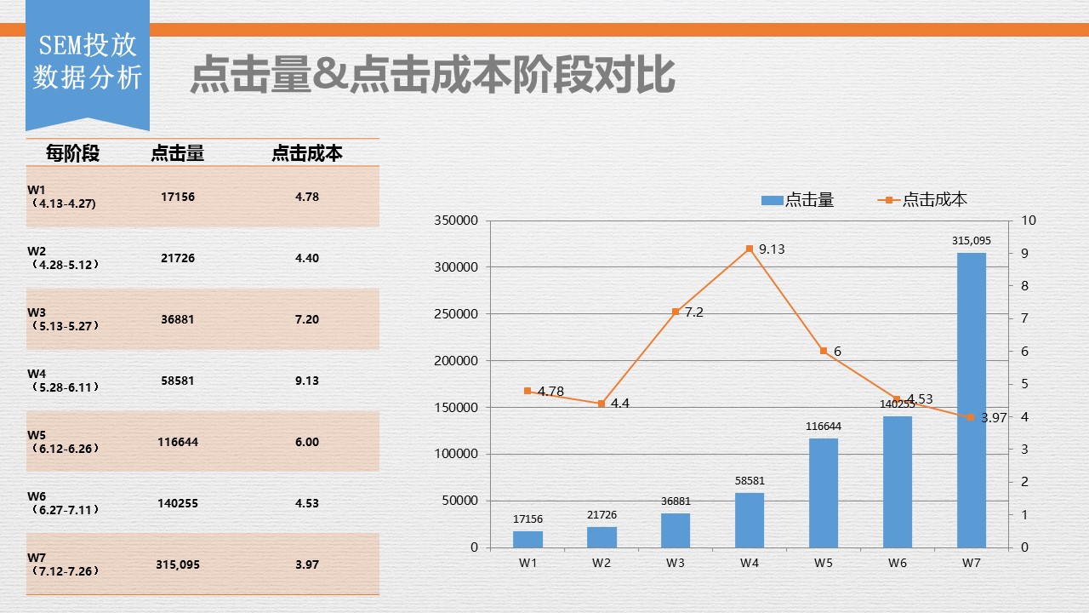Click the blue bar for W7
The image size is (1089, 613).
click(x=971, y=400)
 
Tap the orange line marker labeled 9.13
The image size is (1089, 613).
click(x=750, y=249)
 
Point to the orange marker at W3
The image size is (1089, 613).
click(x=676, y=312)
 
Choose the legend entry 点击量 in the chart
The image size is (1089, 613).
click(x=798, y=200)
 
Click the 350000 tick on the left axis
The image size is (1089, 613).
click(x=457, y=221)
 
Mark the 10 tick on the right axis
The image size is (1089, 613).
click(x=1029, y=221)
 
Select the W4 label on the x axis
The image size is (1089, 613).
click(x=749, y=563)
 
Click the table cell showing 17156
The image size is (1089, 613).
click(x=178, y=197)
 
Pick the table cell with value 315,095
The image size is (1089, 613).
click(x=178, y=564)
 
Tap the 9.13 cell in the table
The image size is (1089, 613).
click(x=307, y=381)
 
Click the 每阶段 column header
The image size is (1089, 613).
click(x=72, y=153)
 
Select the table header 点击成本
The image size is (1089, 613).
click(x=307, y=153)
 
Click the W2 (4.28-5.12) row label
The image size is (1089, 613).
click(x=63, y=257)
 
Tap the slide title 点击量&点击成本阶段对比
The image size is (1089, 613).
click(x=432, y=75)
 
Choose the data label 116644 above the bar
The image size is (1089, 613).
click(x=823, y=426)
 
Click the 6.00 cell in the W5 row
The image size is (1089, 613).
click(x=307, y=442)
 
